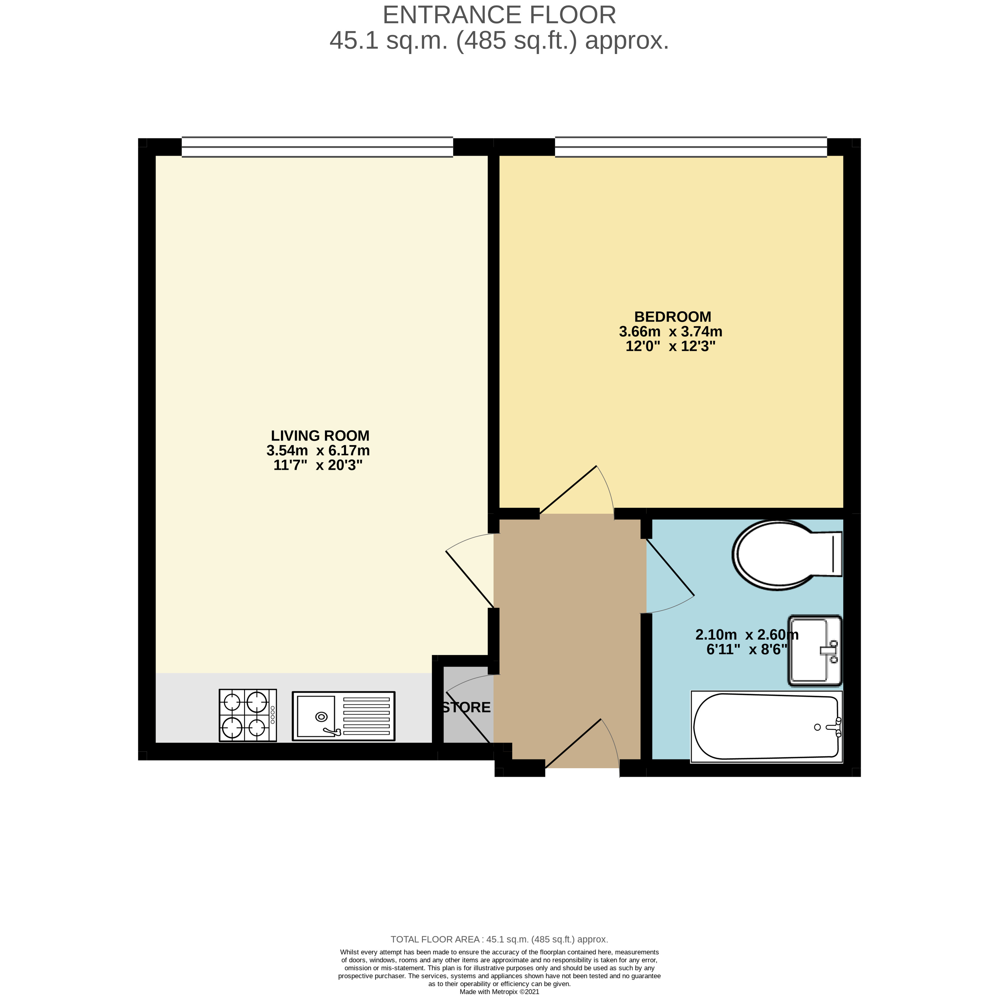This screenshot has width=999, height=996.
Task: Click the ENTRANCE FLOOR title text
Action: [x=499, y=15]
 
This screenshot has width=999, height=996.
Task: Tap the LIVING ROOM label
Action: [x=320, y=436]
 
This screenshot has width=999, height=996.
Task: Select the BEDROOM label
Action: [x=672, y=317]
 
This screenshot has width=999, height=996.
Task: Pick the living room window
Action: [x=317, y=147]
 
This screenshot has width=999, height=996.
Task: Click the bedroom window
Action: [x=690, y=147]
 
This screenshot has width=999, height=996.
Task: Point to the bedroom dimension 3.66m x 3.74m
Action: [x=670, y=331]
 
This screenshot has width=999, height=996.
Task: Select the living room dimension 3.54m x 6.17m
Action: [x=318, y=450]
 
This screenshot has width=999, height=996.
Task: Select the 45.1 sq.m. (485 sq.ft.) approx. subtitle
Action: [x=499, y=40]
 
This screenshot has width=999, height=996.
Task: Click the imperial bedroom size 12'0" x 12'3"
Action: [x=670, y=346]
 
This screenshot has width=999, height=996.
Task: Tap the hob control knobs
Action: [x=273, y=715]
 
